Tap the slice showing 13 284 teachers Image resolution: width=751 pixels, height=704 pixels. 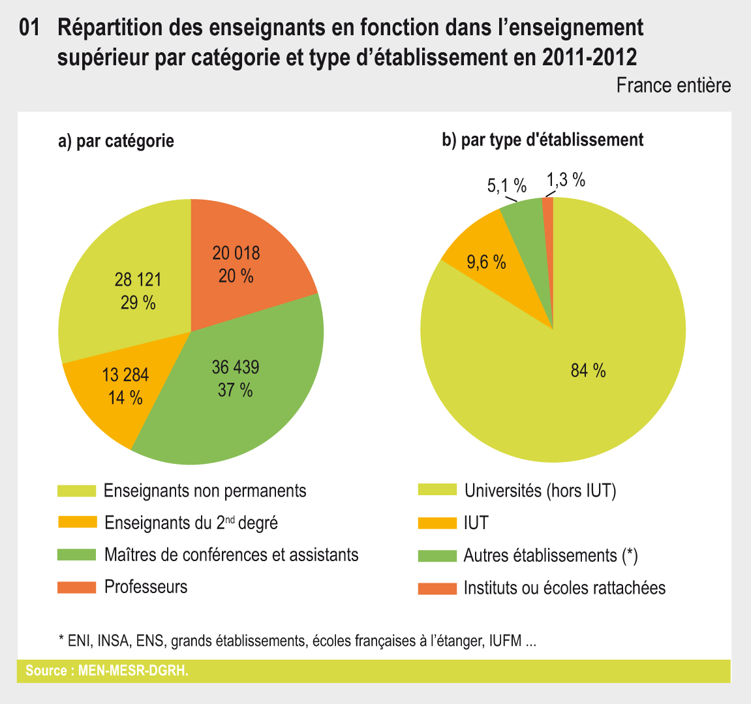pyautogui.click(x=121, y=388)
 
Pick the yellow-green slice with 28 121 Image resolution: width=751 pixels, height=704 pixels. pyautogui.click(x=130, y=287)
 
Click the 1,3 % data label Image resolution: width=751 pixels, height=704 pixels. pyautogui.click(x=565, y=180)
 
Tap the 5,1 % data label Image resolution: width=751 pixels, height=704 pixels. pyautogui.click(x=506, y=186)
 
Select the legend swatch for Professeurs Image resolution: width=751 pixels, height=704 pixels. pyautogui.click(x=76, y=587)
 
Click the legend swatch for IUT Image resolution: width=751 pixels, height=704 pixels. pyautogui.click(x=437, y=523)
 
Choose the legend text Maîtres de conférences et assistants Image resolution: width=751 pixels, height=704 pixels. pyautogui.click(x=231, y=555)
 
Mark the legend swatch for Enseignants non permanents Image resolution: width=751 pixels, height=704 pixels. pyautogui.click(x=76, y=491)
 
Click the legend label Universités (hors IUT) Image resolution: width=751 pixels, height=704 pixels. pyautogui.click(x=540, y=491)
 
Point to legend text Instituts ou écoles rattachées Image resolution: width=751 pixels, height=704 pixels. pyautogui.click(x=564, y=588)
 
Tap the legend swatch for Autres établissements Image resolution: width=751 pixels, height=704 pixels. pyautogui.click(x=437, y=556)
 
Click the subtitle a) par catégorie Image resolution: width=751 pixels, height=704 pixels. pyautogui.click(x=116, y=140)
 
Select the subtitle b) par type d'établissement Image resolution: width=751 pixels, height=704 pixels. pyautogui.click(x=543, y=140)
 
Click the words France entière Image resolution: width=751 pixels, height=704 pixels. pyautogui.click(x=673, y=85)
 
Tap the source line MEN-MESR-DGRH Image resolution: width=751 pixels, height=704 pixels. pyautogui.click(x=107, y=671)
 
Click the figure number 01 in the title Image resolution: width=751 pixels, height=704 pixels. pyautogui.click(x=30, y=28)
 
